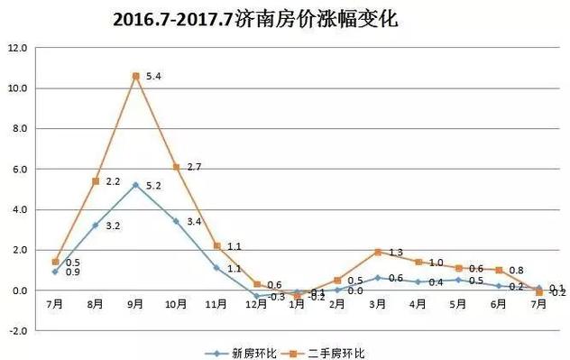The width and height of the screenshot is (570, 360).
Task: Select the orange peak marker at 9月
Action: tap(136, 76)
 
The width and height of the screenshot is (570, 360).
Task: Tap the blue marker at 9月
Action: tap(136, 185)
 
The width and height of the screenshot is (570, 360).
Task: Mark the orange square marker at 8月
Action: tap(96, 181)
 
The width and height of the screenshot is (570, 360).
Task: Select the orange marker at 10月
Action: tap(177, 167)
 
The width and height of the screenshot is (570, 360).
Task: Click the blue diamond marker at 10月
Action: tap(177, 221)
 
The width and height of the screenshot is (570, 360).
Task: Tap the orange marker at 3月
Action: tap(378, 252)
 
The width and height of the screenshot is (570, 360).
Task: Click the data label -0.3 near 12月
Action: tap(277, 297)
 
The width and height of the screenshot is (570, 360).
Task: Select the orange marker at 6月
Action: tap(499, 270)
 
